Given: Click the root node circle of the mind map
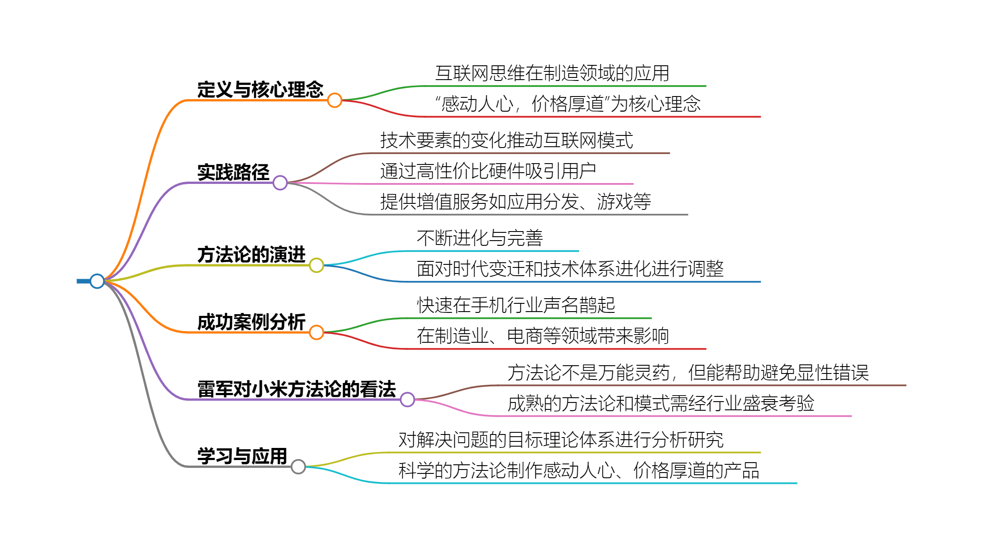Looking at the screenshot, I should pos(97,281).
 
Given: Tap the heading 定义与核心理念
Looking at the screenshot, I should pos(260,90).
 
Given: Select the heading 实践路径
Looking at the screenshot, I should pos(233,172).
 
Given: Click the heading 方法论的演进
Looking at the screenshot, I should pos(252,254).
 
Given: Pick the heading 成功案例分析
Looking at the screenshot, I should pos(252,322).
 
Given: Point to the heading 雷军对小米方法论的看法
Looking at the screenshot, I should pos(297,389).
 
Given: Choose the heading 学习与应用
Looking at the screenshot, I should pos(242,456).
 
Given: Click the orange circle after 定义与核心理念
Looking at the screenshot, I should pos(335,100).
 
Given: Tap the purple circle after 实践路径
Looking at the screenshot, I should pos(280,183).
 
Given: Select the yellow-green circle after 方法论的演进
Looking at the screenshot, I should pos(316,265).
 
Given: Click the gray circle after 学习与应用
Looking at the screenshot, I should pos(298,467).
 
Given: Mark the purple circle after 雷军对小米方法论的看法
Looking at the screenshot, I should pos(407,399).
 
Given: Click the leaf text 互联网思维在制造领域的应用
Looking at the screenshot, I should pos(552,73).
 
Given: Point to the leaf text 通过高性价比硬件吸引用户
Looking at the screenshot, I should pos(488,171).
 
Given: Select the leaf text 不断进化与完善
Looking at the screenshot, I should pos(480,238).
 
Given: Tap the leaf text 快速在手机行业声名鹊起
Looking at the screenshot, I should pos(516,305).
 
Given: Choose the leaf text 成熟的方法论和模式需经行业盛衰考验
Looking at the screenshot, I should pos(661,403).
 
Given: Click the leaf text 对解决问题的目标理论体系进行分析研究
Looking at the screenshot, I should pos(561,440).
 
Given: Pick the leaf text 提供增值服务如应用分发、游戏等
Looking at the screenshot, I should pos(516,202).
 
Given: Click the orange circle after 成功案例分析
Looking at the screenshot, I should pos(316,332).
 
